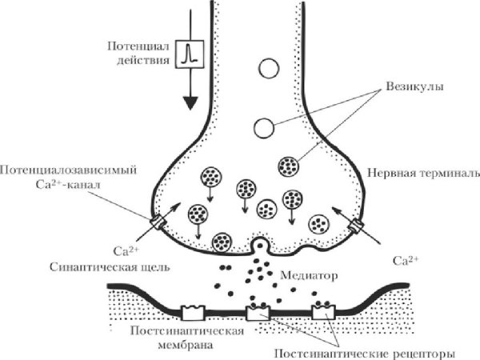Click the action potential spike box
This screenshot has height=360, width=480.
189,54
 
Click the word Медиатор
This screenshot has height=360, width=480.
308,274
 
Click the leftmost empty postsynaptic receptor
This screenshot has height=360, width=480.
193,310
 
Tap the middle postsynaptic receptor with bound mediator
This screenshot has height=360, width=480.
258,310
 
